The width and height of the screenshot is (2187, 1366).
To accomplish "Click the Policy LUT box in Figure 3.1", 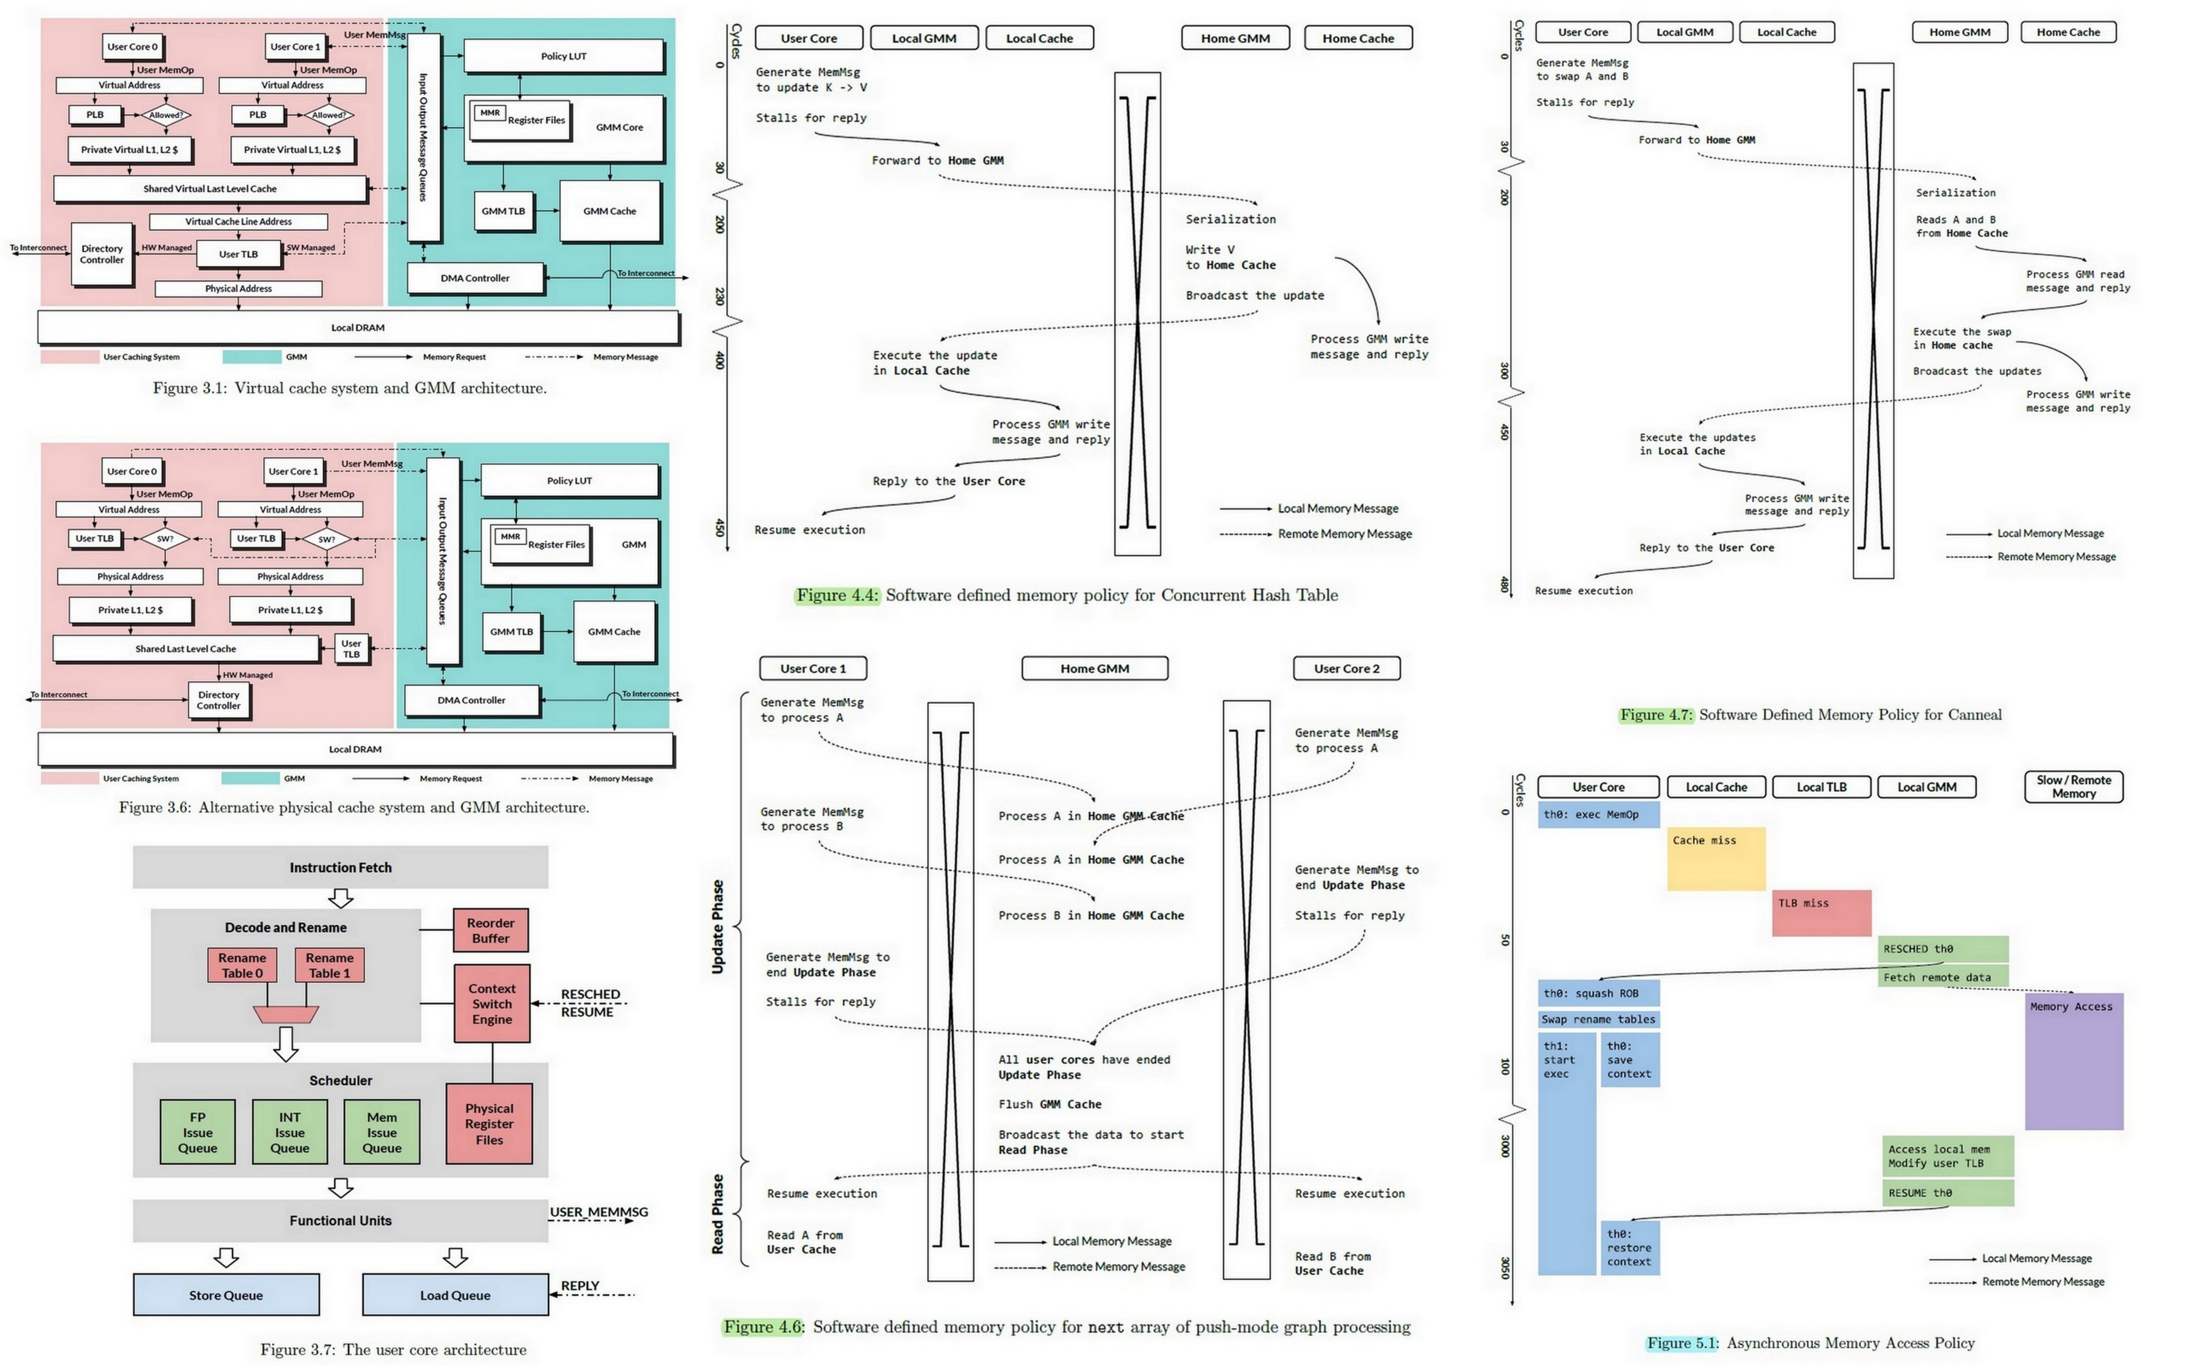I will pyautogui.click(x=564, y=56).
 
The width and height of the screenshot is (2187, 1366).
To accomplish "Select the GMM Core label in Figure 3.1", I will pyautogui.click(x=619, y=128).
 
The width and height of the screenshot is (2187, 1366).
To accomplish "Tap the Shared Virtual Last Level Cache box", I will pyautogui.click(x=210, y=189).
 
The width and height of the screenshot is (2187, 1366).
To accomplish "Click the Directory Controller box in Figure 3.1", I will pyautogui.click(x=102, y=255).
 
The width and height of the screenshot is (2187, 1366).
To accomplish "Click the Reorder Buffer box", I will pyautogui.click(x=491, y=931).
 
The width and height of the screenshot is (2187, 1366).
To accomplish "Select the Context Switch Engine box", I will pyautogui.click(x=492, y=1004).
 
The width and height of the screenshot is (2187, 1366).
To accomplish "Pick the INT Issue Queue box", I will pyautogui.click(x=290, y=1132).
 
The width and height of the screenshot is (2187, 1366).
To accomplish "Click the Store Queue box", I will pyautogui.click(x=226, y=1294).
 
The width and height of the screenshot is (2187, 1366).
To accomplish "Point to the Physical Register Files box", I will pyautogui.click(x=489, y=1124).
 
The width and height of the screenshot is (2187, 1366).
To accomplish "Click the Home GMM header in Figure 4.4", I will pyautogui.click(x=1234, y=38).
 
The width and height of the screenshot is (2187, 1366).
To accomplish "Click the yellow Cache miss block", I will pyautogui.click(x=1715, y=858).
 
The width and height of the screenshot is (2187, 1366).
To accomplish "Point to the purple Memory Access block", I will pyautogui.click(x=2073, y=1061).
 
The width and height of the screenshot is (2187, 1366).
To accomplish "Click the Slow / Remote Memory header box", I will pyautogui.click(x=2073, y=787).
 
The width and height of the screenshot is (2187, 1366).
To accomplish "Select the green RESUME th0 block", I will pyautogui.click(x=1947, y=1193).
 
